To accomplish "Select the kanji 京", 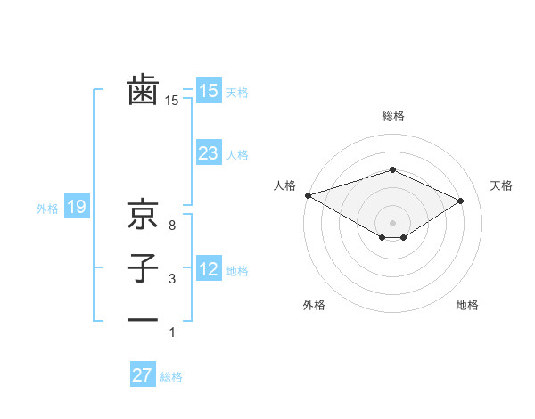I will pos(143,215).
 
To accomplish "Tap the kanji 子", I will pos(143,268).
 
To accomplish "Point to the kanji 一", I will pos(143,319).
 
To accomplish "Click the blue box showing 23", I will pos(208,153).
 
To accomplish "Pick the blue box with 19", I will pos(76,208).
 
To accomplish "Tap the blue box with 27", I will pos(142,375).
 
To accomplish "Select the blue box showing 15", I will pos(208,91).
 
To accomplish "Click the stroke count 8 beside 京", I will pos(172,226).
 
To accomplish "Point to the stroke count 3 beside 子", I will pos(172,280).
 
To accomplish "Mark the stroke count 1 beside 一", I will pos(172,333).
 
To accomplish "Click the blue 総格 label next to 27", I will pos(171,377).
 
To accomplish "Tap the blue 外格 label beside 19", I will pos(47,209).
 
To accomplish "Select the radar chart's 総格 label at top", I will pos(392,116).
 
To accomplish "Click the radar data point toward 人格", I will pos(308,195).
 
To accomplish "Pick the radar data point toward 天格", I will pos(460,200).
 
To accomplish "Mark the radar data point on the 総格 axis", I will pos(392,169).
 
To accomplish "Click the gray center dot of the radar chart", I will pos(392,221).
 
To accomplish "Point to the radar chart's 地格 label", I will pos(467,305).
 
